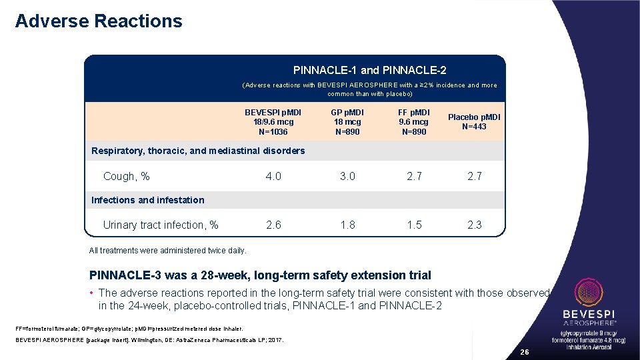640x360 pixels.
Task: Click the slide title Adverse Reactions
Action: point(99,21)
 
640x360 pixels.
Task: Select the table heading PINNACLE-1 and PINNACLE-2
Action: point(370,70)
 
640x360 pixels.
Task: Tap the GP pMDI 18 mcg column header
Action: point(347,122)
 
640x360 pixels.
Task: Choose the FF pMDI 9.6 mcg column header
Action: point(414,122)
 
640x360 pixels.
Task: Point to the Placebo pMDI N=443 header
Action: point(474,121)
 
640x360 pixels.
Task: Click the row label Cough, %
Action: point(127,176)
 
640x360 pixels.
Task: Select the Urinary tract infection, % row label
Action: point(161,225)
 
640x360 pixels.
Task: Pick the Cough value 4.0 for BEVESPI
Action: point(273,176)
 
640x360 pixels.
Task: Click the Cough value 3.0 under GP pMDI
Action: point(347,176)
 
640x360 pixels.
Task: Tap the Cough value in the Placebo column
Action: point(474,176)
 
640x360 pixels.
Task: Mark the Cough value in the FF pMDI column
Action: point(415,176)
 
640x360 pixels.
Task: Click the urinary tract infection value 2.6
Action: point(273,225)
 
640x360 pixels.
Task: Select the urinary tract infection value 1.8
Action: point(347,225)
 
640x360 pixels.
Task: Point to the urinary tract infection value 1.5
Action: point(415,225)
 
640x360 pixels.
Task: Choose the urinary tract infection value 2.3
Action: point(474,225)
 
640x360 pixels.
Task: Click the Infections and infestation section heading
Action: point(148,200)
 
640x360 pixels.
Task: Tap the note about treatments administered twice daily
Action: point(168,251)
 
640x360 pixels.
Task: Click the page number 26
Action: point(524,351)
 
